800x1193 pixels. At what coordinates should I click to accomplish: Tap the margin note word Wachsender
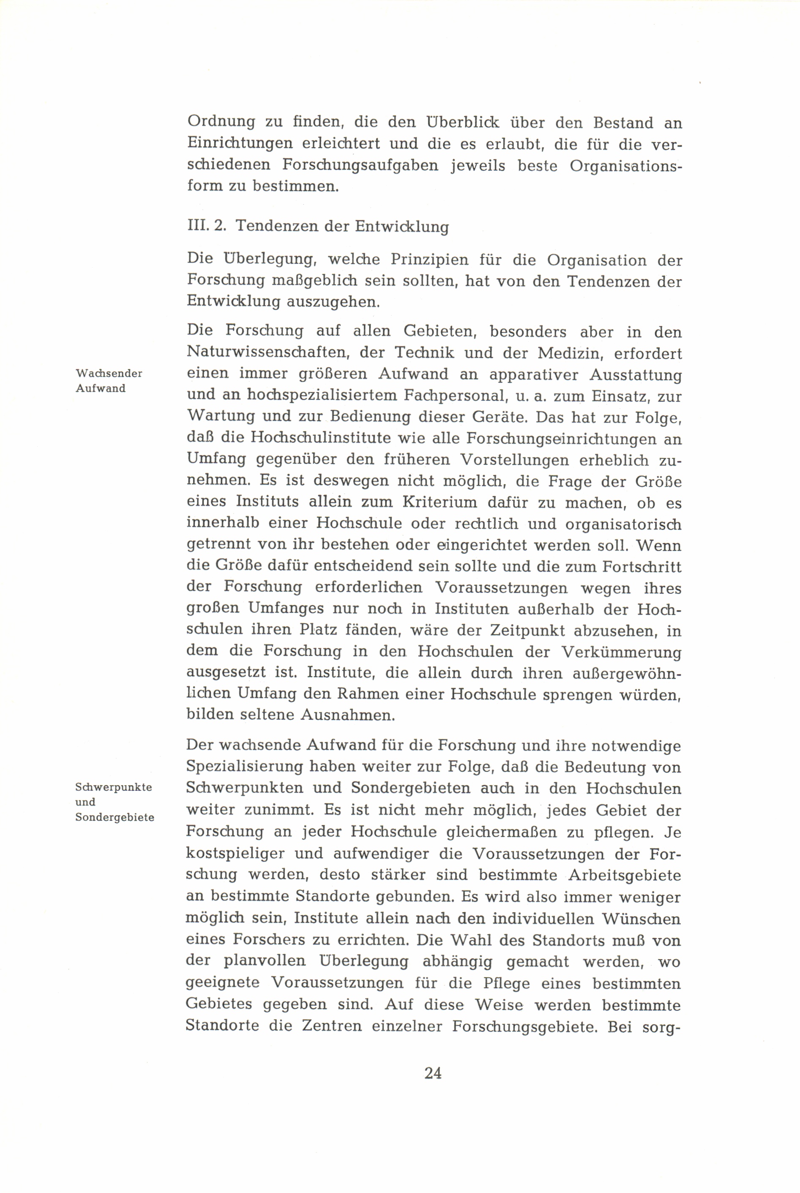click(x=109, y=373)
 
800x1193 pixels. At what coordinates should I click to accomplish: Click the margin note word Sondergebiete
click(x=115, y=817)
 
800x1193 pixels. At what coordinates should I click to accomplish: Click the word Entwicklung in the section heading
click(x=401, y=226)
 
